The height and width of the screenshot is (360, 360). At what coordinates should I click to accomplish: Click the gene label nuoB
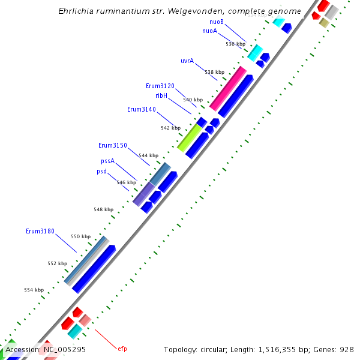coord(217,22)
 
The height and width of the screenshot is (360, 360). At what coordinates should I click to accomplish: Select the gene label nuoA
coord(209,31)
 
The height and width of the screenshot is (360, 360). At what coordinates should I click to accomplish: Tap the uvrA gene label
coord(187,61)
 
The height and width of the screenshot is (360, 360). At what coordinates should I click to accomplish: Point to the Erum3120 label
coord(160,86)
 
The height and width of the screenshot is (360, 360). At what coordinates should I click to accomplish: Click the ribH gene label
coord(161,95)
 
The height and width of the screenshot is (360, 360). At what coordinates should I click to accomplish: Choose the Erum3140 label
coord(142,109)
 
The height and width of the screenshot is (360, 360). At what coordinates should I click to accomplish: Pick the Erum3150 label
coord(113,145)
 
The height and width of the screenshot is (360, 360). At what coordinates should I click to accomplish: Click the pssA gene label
coord(107,161)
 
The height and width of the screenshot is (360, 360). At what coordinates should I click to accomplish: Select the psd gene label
coord(102,171)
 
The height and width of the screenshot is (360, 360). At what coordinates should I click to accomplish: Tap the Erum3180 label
coord(40,231)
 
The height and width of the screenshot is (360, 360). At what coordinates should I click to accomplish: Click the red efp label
coord(122,349)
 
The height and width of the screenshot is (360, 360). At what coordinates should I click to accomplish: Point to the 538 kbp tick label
coord(214,72)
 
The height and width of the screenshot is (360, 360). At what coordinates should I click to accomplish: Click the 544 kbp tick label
coord(148,155)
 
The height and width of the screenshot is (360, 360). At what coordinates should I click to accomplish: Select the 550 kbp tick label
coord(80,236)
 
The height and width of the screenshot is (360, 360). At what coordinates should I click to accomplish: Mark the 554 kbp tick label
coord(34,290)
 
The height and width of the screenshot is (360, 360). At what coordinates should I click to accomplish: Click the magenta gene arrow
coord(228,88)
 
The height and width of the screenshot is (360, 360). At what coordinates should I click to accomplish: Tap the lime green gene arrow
coord(190,138)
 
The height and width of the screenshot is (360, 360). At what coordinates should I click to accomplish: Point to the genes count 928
coord(347,349)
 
